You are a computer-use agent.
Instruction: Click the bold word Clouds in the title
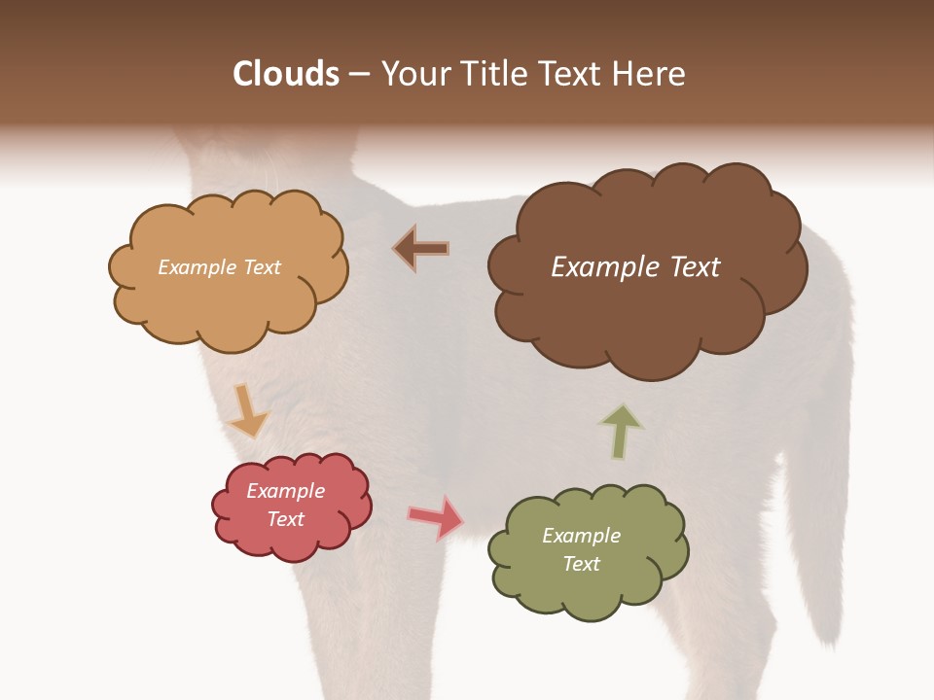pos(286,74)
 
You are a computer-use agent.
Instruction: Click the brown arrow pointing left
pos(421,248)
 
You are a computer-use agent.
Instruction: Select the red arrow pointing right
pos(437,517)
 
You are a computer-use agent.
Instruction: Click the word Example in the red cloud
pos(286,491)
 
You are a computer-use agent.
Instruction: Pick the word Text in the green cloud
pos(581,564)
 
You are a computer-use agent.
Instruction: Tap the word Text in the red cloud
pos(286,519)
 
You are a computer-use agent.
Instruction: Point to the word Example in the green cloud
pos(581,536)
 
